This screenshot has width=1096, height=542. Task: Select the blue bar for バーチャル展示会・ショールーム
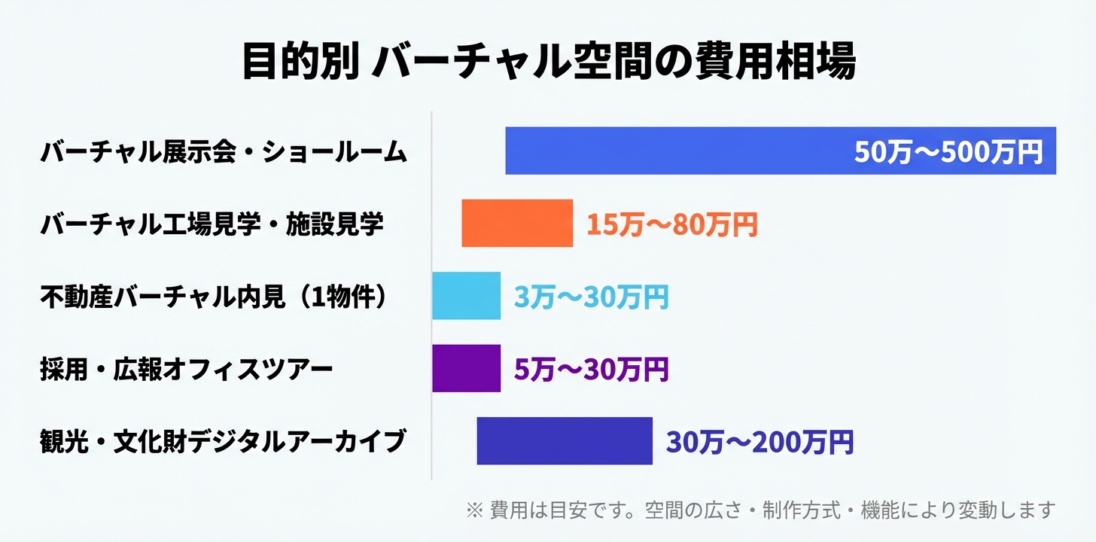677,151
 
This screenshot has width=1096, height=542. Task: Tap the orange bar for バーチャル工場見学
517,224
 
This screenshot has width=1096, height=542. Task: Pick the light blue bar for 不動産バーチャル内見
466,296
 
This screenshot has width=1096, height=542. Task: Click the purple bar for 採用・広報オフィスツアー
466,368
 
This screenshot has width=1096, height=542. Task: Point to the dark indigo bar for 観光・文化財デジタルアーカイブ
565,440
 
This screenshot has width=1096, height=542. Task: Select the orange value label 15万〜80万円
671,224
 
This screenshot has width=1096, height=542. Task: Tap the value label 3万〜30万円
591,297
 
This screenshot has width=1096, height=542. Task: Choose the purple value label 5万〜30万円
591,369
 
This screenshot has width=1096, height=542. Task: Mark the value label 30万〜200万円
760,441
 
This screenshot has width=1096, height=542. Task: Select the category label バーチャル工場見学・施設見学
212,224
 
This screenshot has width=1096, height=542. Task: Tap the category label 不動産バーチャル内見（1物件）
215,297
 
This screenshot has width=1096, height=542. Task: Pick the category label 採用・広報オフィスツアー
186,369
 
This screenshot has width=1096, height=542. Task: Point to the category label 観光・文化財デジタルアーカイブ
223,441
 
